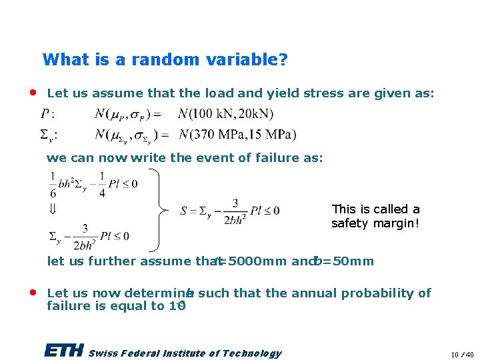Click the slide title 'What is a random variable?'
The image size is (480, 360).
pos(165,59)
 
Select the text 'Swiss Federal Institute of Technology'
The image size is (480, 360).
pos(185,353)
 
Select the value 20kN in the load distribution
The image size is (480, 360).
pos(252,114)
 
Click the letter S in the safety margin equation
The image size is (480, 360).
pos(183,211)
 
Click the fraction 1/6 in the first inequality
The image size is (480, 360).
pos(53,183)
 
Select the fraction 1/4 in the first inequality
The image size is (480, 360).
pos(101,183)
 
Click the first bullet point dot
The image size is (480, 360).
pos(33,92)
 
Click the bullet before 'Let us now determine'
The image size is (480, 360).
pos(33,292)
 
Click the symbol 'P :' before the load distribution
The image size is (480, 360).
pos(47,114)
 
